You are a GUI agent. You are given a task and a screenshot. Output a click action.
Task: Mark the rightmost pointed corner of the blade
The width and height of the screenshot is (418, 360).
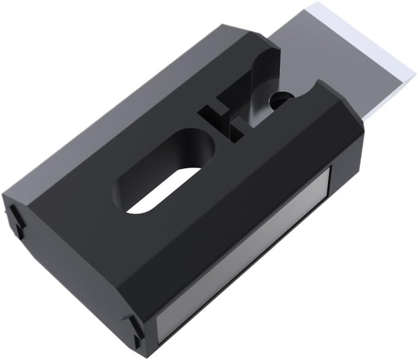click(414, 70)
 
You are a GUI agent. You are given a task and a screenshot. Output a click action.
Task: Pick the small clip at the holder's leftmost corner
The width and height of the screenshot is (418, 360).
click(14, 218)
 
